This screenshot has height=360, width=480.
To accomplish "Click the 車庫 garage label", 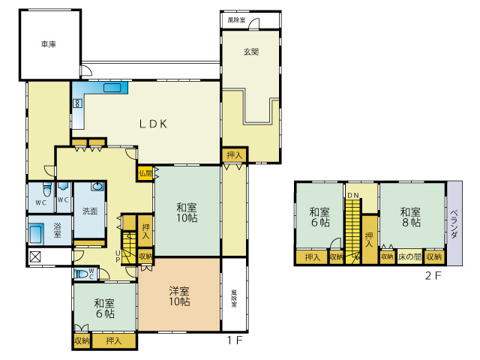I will coord(49,45).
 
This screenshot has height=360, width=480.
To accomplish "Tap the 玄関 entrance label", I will coord(250,52).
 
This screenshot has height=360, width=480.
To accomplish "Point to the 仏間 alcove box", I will coord(145,172).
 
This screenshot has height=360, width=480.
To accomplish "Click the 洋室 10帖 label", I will coord(178,296).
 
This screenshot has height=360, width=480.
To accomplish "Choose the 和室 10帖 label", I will coord(187,212).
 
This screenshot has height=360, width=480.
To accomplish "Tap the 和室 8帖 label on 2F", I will coord(409,217).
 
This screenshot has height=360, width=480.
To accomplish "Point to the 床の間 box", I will coord(409,257).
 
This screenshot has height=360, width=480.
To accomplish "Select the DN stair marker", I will coord(352,195).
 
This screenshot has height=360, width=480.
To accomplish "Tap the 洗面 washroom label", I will coord(90,211).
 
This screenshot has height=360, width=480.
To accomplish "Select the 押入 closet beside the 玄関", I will coord(234,155).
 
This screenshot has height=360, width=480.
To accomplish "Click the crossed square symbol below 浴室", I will coord(35,257).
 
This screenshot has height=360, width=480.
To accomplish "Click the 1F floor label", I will coord(235,340).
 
